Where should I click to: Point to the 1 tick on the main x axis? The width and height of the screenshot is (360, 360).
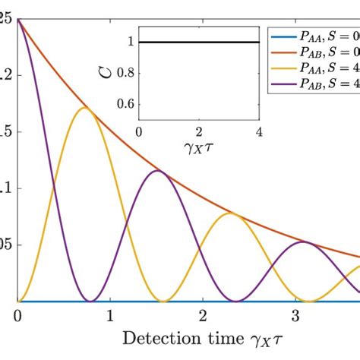(110, 314)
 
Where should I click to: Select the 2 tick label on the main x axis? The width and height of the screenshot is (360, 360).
(202, 314)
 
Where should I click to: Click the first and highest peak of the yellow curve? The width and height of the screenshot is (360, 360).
(84, 108)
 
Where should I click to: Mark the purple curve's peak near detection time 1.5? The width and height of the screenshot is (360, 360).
(156, 171)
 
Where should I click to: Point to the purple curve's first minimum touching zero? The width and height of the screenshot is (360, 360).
(90, 301)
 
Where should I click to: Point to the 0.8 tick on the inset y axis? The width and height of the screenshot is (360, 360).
(126, 73)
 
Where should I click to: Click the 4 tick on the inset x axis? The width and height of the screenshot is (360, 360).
(258, 131)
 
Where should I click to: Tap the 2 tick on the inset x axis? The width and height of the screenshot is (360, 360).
(198, 131)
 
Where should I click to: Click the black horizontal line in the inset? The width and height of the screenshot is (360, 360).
(198, 42)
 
